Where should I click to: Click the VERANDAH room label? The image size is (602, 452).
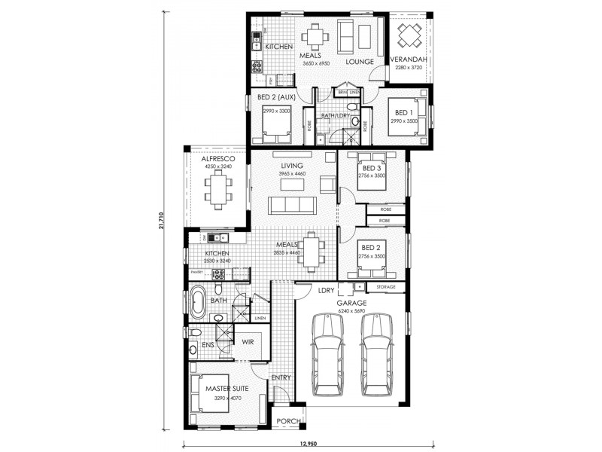(409, 60)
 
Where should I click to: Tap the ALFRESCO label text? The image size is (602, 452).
(219, 160)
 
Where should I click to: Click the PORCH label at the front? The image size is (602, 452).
(289, 420)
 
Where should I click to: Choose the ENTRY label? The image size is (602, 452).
(281, 377)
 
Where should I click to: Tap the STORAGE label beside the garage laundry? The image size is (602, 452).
(386, 287)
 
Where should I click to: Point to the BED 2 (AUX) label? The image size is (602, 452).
(276, 97)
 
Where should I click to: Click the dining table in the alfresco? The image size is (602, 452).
(219, 189)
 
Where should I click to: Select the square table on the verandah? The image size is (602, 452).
(410, 35)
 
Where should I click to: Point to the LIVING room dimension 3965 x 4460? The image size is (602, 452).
(291, 174)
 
